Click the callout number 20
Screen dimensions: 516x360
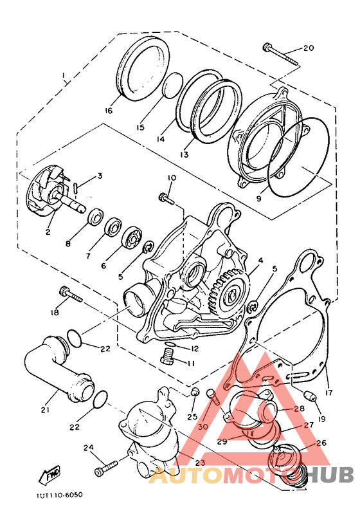pos(308,48)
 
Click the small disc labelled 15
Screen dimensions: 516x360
pos(170,86)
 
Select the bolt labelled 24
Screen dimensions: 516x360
pos(106,467)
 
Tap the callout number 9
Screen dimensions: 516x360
pos(258,199)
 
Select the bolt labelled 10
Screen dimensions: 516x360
pos(167,198)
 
